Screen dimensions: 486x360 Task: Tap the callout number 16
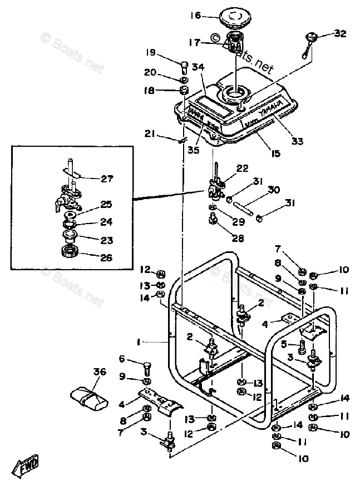pos(195,16)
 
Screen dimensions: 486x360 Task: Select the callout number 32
pos(339,33)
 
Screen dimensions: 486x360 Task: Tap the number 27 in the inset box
pos(107,179)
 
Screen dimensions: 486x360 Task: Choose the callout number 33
pos(298,142)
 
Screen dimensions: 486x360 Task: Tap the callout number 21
pos(150,133)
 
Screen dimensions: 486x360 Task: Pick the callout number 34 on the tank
pos(199,67)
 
